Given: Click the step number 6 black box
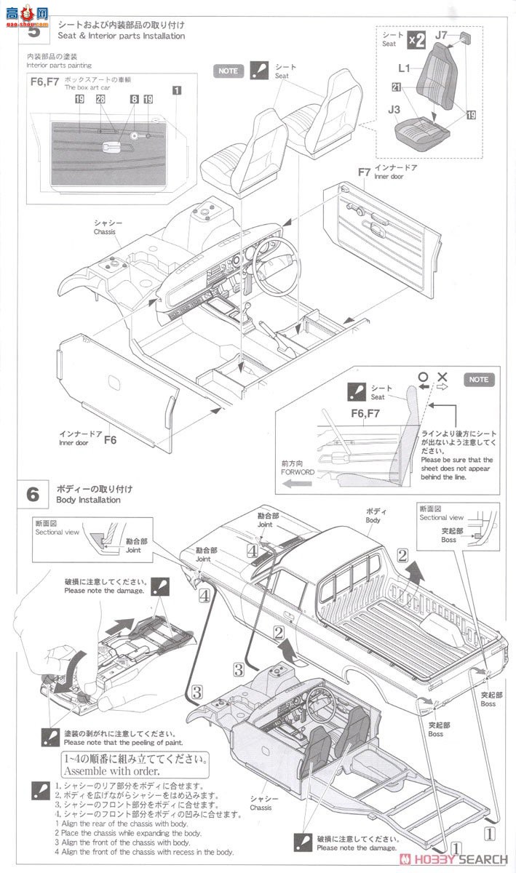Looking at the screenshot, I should coord(33,494).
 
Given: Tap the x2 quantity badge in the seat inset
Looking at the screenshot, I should coord(416,40).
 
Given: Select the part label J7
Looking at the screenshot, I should coord(442,34).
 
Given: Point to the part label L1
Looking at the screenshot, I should coord(404,67).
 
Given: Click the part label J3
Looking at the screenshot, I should coord(394,110).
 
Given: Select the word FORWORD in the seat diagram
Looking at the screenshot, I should coord(298,471).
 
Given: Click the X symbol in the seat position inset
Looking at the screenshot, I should coord(441,378).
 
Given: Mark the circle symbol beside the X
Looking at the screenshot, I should coord(422,378).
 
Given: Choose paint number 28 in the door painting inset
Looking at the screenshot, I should coord(100,99).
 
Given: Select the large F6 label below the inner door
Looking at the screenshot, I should coord(110,440).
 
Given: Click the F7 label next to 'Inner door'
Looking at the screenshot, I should coord(365,172).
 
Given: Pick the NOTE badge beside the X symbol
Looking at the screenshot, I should coord(479,380).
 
